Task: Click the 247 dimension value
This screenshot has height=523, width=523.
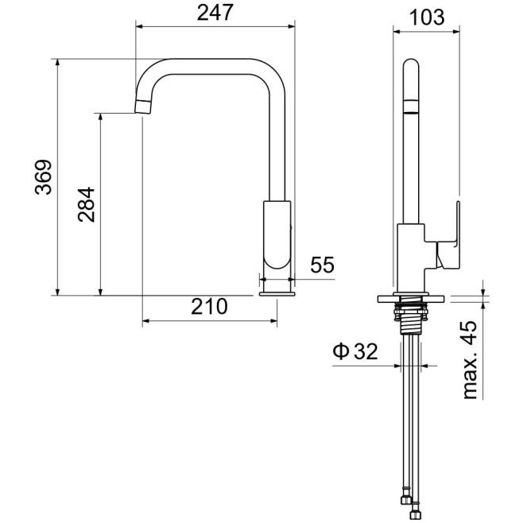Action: tap(215, 13)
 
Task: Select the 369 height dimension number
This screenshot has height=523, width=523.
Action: tap(44, 177)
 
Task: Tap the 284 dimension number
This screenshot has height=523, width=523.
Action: tap(87, 204)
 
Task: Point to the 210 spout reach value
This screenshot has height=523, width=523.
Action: tap(209, 307)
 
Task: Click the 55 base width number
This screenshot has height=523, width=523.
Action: tap(322, 265)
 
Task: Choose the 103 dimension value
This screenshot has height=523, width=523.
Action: tap(427, 17)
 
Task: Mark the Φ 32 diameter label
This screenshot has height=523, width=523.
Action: tap(355, 351)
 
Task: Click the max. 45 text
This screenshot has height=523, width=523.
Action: tap(470, 360)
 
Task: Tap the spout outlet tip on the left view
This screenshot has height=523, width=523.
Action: tap(143, 107)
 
